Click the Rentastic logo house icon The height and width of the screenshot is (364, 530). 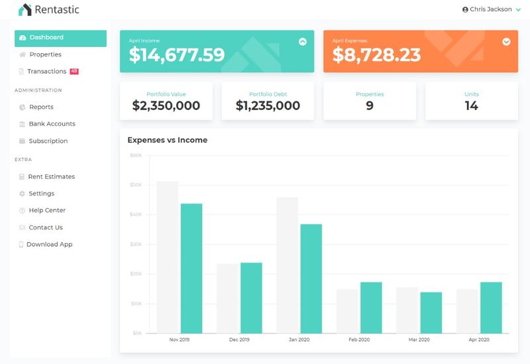tap(25, 10)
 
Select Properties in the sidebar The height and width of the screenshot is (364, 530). tap(45, 54)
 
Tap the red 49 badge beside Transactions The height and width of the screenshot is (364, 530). tap(74, 71)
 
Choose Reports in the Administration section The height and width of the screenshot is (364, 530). tap(41, 107)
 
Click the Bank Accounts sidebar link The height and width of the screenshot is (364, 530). tap(52, 124)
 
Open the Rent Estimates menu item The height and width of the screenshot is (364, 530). tap(51, 177)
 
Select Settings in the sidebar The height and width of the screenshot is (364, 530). tap(41, 194)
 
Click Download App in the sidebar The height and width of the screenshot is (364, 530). tap(49, 245)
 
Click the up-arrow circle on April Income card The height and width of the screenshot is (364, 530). tap(303, 41)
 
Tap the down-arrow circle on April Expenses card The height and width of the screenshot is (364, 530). tap(507, 41)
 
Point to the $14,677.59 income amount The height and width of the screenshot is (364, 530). tap(176, 55)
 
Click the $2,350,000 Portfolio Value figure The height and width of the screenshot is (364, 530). tap(166, 105)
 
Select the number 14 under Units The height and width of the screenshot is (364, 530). tap(471, 105)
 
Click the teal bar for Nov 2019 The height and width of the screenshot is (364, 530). tap(191, 268)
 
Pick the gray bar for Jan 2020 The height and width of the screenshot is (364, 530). tap(287, 265)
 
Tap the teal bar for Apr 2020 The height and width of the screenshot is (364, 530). tap(491, 307)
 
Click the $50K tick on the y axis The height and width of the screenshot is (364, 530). tap(136, 185)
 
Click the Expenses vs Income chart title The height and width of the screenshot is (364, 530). tap(167, 140)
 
